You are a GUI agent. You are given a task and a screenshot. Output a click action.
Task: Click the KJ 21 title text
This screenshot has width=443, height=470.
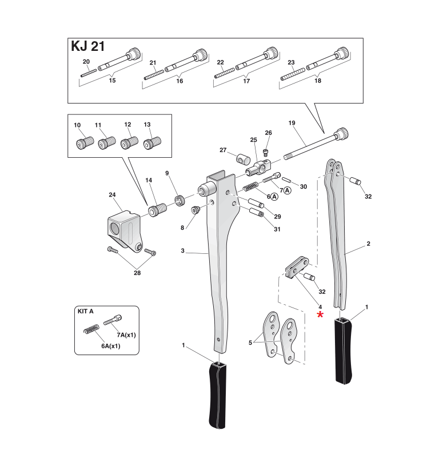(87, 46)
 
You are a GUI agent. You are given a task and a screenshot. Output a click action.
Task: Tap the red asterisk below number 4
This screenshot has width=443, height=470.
(321, 315)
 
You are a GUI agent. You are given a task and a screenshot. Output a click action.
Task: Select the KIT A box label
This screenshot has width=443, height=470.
(85, 312)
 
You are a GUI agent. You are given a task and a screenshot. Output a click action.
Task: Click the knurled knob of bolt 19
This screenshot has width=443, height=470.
(342, 133)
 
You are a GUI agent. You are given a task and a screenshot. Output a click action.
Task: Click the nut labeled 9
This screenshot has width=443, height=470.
(178, 199)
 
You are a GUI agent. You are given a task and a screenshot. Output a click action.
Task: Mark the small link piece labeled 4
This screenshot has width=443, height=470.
(297, 268)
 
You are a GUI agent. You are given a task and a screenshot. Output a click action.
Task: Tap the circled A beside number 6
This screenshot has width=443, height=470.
(274, 196)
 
